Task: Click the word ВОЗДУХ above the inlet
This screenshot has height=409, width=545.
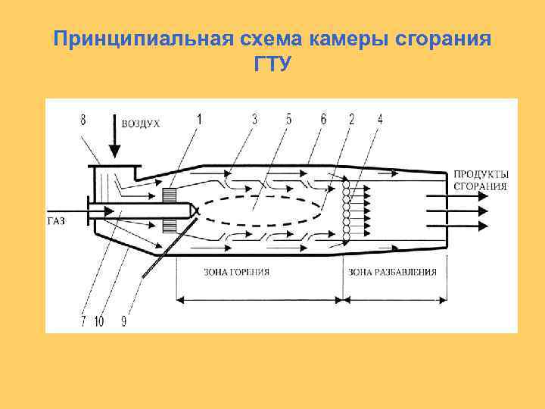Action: coord(141,123)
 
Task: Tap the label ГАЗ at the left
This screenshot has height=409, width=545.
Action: coord(56,220)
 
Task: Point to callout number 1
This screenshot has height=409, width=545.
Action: coord(199,118)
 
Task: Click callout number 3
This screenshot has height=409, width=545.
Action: coord(255,118)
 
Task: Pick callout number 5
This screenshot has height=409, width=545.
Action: coord(288,118)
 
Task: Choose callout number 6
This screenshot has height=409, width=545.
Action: coord(324,118)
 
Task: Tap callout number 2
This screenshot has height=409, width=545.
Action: coord(352,118)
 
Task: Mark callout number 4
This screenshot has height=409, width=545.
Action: coord(379,118)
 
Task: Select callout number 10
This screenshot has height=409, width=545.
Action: coord(98,321)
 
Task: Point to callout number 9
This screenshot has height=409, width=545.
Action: coord(123,321)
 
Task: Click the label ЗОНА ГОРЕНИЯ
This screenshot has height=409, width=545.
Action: coord(237,271)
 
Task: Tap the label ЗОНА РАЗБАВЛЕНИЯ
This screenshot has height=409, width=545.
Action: coord(391,271)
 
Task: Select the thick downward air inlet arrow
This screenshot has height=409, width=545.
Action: coord(113,136)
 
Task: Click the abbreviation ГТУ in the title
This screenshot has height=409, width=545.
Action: coord(272,64)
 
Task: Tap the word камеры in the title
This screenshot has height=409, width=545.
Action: coord(345,37)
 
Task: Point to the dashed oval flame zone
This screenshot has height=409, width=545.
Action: coord(265,213)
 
